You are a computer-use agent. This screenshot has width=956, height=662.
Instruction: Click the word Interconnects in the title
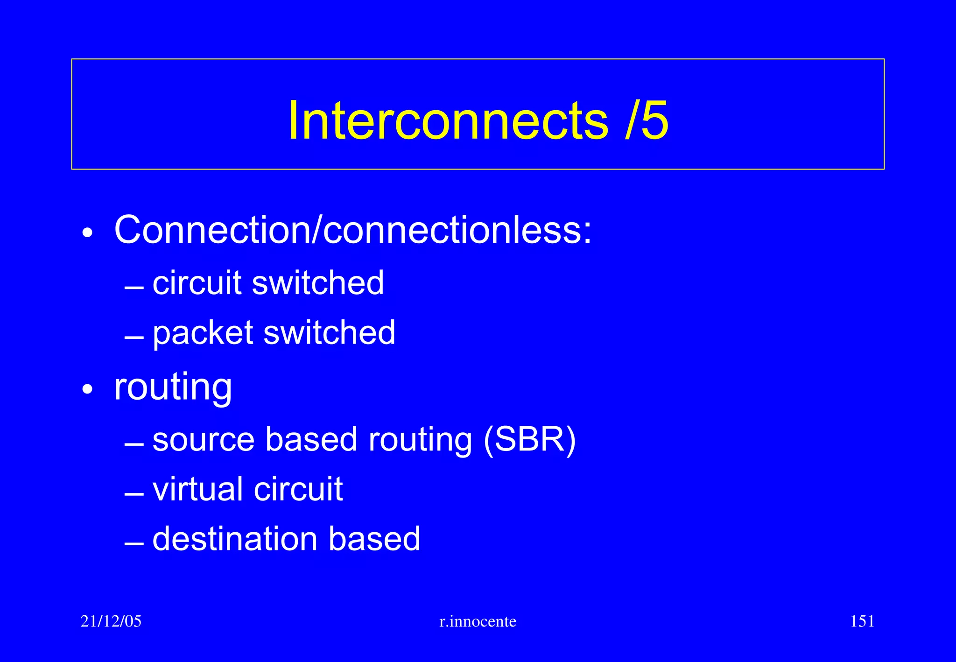click(x=448, y=120)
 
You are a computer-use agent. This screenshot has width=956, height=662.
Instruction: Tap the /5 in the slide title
click(x=647, y=120)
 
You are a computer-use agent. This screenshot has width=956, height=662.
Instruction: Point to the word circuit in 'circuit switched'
click(x=197, y=283)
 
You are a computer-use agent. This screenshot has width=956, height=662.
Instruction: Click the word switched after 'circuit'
click(x=318, y=283)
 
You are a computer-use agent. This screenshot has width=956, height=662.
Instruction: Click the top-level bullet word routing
click(x=173, y=387)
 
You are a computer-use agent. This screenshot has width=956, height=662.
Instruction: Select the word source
click(x=204, y=440)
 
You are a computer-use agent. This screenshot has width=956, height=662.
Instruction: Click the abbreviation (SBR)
click(x=529, y=440)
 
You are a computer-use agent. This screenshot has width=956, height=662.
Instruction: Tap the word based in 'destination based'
click(x=374, y=539)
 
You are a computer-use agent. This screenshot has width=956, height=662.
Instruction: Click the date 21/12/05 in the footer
click(x=111, y=621)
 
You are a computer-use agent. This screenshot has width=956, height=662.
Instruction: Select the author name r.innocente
click(x=478, y=621)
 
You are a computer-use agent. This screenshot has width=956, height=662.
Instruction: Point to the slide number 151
click(x=862, y=621)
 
